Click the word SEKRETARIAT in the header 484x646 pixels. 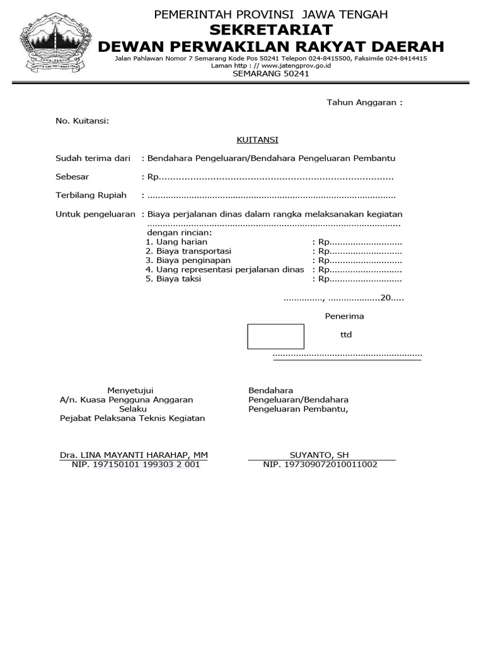pyautogui.click(x=271, y=30)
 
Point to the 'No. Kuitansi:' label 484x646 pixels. pyautogui.click(x=83, y=121)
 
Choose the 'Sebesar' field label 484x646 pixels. pyautogui.click(x=72, y=177)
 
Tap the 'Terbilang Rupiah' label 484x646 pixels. pyautogui.click(x=91, y=196)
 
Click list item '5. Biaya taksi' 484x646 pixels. pyautogui.click(x=173, y=278)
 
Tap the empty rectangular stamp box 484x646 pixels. pyautogui.click(x=275, y=336)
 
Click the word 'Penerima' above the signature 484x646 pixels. pyautogui.click(x=344, y=316)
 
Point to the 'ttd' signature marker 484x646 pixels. pyautogui.click(x=346, y=335)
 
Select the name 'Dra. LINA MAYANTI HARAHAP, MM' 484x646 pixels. pyautogui.click(x=134, y=455)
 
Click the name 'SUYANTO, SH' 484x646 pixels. pyautogui.click(x=319, y=455)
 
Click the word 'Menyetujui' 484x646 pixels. pyautogui.click(x=130, y=391)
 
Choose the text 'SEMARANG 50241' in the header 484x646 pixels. pyautogui.click(x=271, y=73)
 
